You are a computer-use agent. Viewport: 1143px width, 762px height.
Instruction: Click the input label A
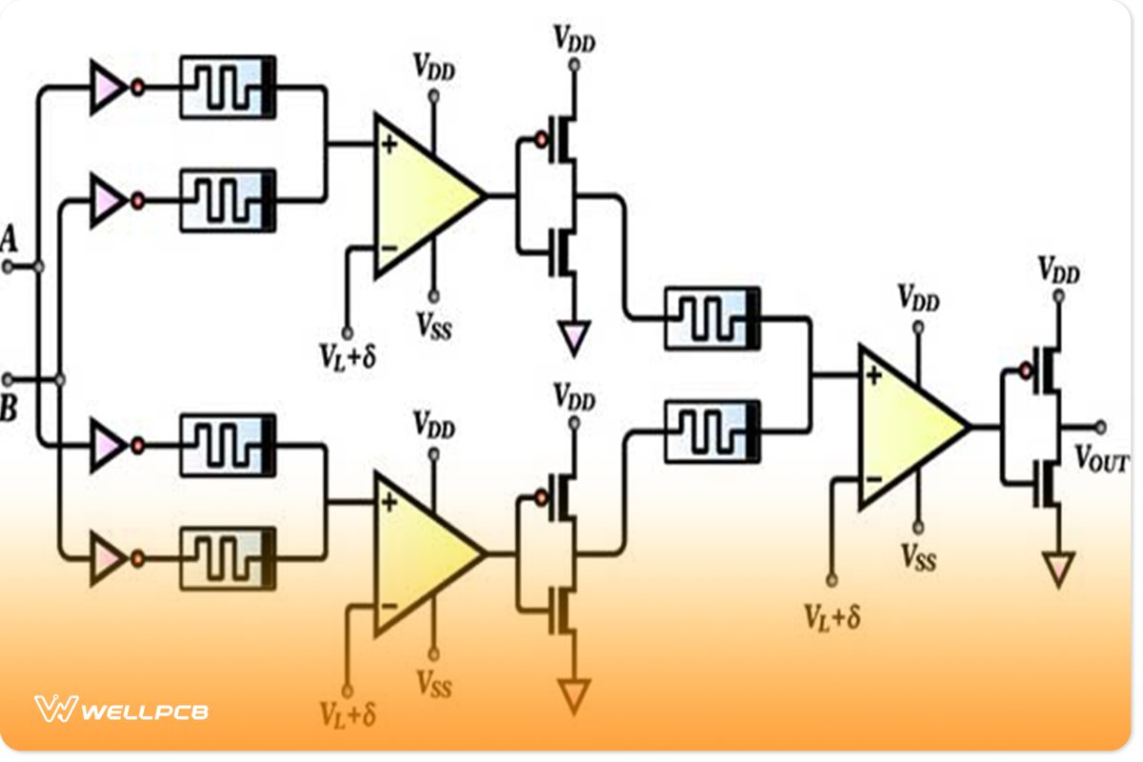(x=10, y=238)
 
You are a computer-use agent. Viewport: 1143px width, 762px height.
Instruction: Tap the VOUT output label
(x=1102, y=462)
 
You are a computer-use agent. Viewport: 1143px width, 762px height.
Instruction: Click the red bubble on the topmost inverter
(x=137, y=89)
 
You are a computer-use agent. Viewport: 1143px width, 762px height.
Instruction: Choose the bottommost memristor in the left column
(x=229, y=559)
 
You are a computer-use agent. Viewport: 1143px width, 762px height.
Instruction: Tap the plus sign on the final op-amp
(x=872, y=375)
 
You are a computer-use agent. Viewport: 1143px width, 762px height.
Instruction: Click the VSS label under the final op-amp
(x=919, y=558)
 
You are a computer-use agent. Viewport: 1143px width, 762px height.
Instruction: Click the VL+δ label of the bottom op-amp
(x=347, y=712)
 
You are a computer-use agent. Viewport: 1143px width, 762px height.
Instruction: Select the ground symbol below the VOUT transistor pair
(x=1057, y=568)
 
